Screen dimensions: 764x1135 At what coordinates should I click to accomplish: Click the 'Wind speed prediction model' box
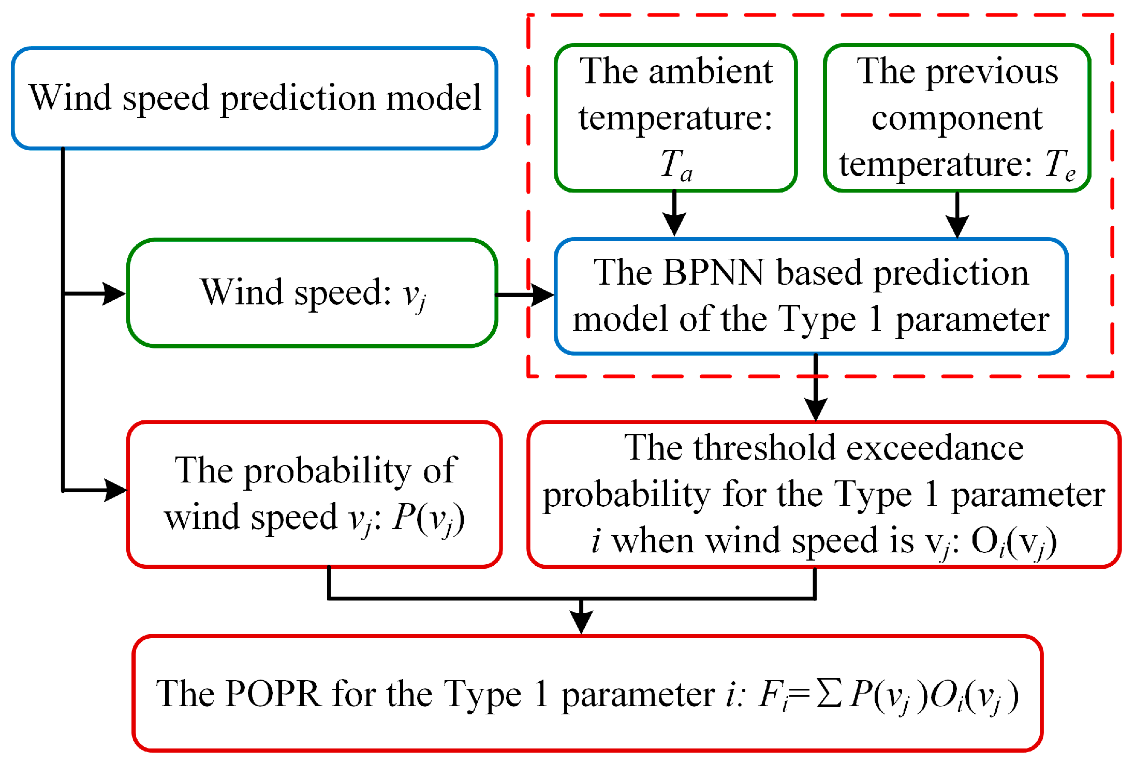[254, 98]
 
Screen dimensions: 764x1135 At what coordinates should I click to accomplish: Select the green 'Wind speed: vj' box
[312, 293]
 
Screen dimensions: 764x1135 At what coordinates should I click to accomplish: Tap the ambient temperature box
[675, 118]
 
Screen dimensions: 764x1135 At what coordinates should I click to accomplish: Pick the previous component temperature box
[957, 118]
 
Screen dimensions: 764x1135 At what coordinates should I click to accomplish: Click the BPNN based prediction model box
[811, 296]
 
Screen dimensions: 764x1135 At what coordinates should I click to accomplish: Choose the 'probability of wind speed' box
[314, 494]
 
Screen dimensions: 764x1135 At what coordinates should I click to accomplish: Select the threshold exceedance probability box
[823, 494]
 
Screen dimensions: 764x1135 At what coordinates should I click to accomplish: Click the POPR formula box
[587, 694]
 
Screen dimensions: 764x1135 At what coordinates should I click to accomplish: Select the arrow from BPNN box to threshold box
[816, 388]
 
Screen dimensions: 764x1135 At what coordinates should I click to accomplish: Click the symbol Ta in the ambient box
[676, 166]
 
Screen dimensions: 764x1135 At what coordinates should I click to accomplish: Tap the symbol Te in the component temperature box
[1060, 166]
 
